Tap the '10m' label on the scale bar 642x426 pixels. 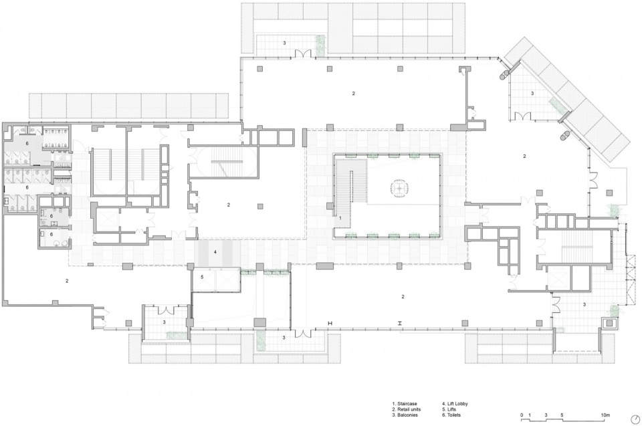pos(606,415)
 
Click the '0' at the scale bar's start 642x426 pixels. pos(522,415)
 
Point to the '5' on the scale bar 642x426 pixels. pos(562,415)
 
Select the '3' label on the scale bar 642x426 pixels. pos(546,415)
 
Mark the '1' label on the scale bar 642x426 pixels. pos(530,415)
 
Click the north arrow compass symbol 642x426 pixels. pos(635,419)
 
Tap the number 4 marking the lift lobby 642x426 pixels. pos(215,252)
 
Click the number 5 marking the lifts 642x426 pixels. pos(202,277)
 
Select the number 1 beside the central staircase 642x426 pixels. pos(340,218)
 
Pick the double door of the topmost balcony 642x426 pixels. pos(304,54)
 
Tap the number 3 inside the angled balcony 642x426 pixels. pos(532,94)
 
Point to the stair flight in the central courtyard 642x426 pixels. pos(350,187)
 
